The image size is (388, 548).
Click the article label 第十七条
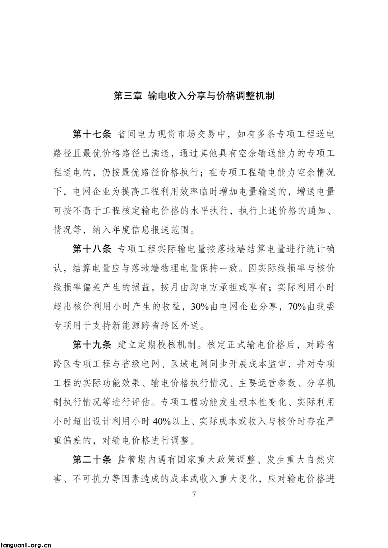tap(92, 135)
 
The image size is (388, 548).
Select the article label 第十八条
tap(92, 248)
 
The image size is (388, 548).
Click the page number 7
tap(194, 495)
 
